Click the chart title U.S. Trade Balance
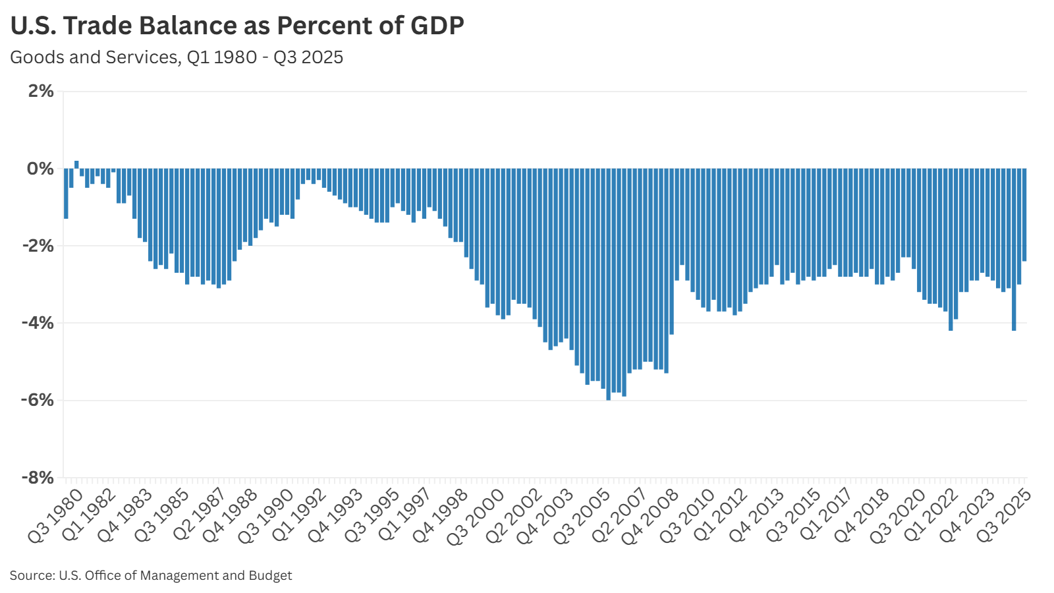click(x=237, y=26)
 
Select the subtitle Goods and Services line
click(x=177, y=57)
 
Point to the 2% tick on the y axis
click(x=41, y=91)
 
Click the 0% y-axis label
click(x=41, y=169)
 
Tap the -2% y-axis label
click(x=38, y=246)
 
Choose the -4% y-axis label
click(x=38, y=323)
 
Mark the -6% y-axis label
click(x=38, y=400)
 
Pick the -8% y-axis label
click(x=38, y=477)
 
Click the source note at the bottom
click(x=151, y=575)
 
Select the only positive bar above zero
click(x=76, y=165)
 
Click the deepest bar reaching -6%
click(x=609, y=283)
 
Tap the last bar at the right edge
click(x=1024, y=215)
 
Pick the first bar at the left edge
click(x=66, y=194)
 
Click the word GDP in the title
click(x=437, y=26)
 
